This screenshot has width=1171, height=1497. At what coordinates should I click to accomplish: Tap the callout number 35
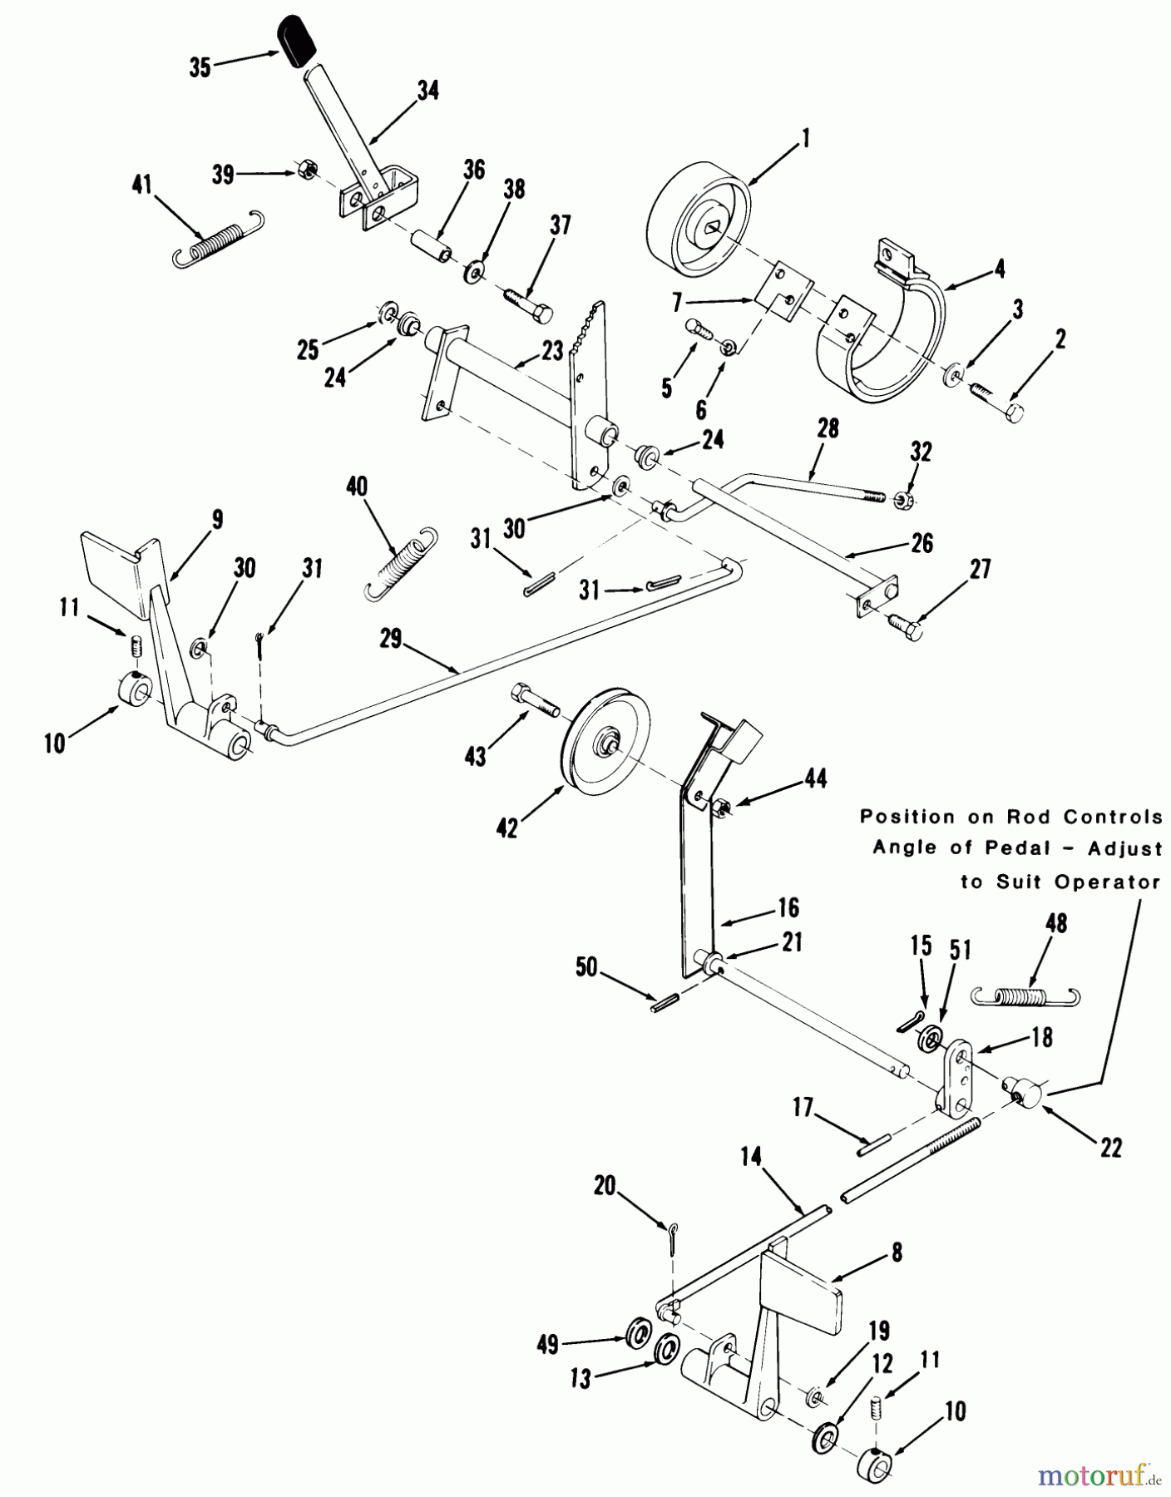(200, 67)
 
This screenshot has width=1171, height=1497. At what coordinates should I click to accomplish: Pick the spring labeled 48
(1025, 995)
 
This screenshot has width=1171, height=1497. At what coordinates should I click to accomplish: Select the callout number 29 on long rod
(390, 639)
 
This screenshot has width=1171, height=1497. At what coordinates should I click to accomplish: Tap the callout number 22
(1110, 1149)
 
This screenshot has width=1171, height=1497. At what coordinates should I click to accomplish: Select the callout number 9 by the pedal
(217, 520)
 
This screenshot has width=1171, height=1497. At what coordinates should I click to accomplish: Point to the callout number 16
(788, 907)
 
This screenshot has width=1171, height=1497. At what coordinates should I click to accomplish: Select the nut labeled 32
(902, 500)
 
